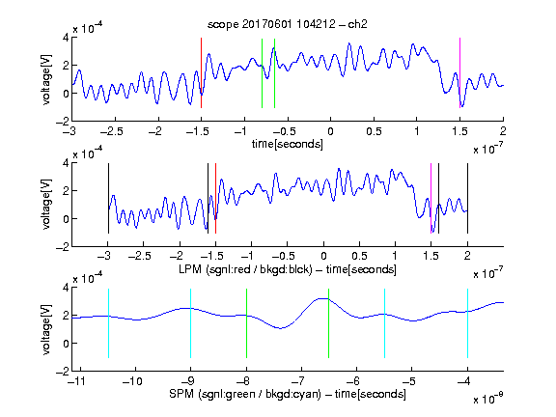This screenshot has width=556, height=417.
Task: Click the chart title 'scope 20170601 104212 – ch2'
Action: coord(288,24)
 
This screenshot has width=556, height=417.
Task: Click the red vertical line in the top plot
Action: coord(201,72)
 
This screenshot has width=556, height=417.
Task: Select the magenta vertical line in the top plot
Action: coord(459,72)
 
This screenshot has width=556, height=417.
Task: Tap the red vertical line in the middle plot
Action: coord(215,198)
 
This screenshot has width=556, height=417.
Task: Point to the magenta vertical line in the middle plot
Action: coord(431,198)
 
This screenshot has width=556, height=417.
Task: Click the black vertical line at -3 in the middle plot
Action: coord(108,198)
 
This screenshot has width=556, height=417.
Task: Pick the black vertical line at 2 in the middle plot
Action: coord(467,198)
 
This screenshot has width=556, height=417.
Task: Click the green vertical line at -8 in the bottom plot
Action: coord(246,323)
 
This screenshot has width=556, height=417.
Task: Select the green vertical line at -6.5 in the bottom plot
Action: coord(329,323)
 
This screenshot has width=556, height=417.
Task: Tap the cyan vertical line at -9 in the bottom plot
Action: coord(191,323)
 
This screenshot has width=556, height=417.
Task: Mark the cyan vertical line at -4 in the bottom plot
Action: coord(467,323)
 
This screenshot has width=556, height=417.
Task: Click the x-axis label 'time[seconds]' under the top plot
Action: coord(288,144)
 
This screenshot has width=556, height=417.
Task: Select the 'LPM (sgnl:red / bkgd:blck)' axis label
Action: coord(245,269)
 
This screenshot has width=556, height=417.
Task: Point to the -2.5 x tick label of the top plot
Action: coord(112,131)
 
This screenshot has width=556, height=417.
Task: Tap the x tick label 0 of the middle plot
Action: coord(323,256)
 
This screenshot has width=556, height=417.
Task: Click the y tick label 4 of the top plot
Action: coord(66,38)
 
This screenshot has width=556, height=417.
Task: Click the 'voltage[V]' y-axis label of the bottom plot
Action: coord(46,329)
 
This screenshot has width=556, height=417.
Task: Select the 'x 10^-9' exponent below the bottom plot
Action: coord(488,398)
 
